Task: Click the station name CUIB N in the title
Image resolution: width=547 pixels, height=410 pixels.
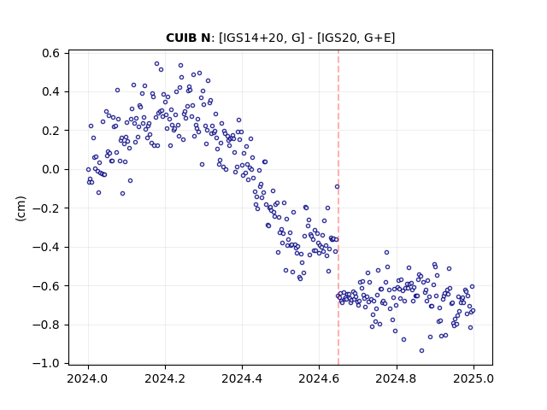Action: click(x=188, y=38)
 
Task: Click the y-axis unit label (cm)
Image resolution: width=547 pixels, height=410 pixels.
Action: click(x=21, y=208)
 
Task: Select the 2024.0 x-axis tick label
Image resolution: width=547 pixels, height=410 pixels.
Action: click(x=88, y=378)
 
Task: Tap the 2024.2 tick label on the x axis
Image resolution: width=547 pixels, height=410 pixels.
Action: click(x=165, y=378)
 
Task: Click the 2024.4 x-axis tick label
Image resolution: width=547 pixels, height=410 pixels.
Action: click(x=242, y=378)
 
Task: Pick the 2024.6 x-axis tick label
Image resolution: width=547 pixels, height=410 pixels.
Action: click(x=319, y=378)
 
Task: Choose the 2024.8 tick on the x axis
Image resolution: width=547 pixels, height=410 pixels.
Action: click(x=397, y=378)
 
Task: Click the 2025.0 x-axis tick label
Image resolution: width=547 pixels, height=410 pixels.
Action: click(x=473, y=378)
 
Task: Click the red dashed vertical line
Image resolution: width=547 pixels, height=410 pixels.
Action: click(x=338, y=208)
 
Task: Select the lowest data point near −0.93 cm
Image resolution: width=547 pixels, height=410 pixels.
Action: click(x=421, y=351)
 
